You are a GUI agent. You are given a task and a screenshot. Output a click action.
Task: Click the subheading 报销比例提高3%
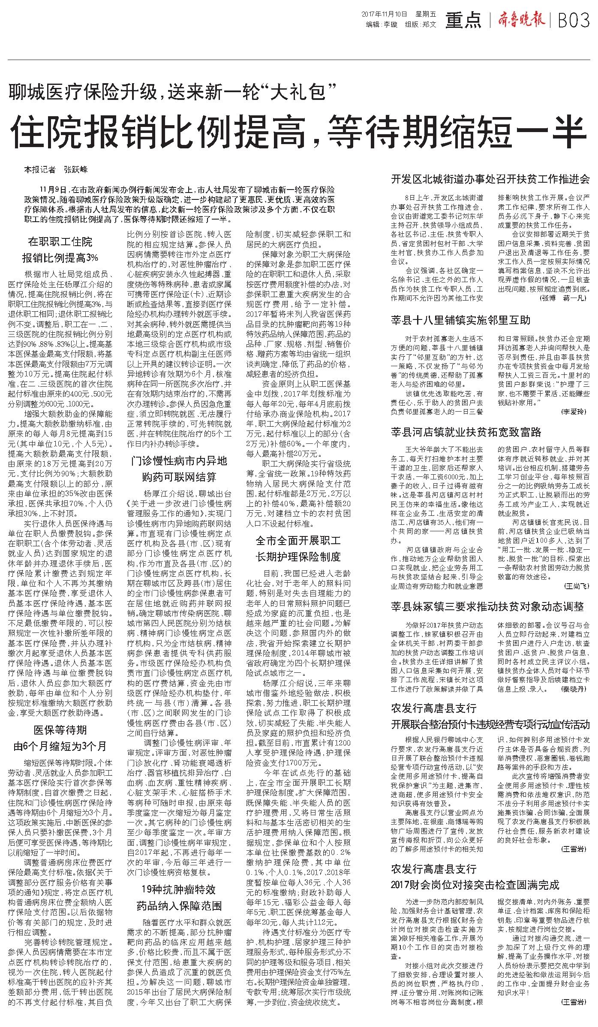60,258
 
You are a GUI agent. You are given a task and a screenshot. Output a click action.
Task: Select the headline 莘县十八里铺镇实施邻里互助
461,320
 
